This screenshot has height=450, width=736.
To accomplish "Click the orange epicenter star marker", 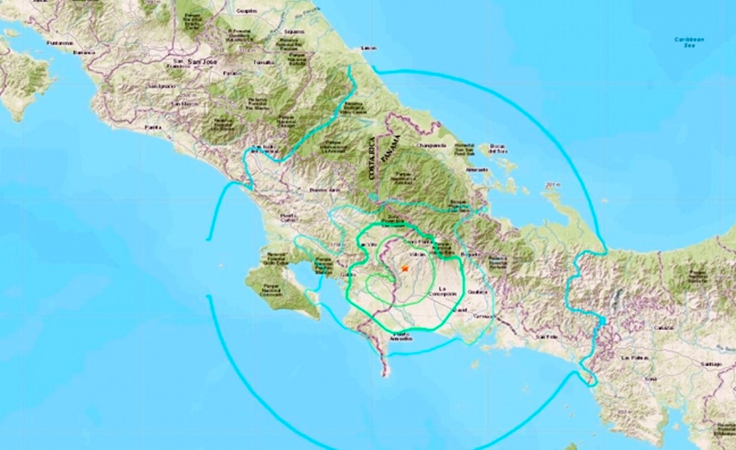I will [404, 269].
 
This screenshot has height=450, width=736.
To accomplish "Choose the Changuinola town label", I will [433, 145].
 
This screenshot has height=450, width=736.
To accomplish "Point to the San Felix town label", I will [547, 336].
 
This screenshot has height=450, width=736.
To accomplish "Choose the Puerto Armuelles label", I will [401, 336].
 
